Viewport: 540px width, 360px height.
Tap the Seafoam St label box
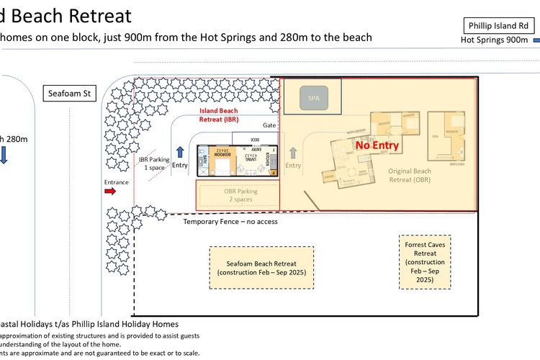tap(66, 94)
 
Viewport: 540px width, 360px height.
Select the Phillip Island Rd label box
tap(499, 26)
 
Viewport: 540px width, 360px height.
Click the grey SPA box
tap(312, 96)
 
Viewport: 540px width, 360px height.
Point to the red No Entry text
tap(377, 145)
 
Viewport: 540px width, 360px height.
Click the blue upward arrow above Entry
tap(179, 152)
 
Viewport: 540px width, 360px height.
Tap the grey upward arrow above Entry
tap(292, 153)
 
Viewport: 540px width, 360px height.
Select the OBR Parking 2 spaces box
tap(238, 195)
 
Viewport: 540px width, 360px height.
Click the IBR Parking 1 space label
tap(153, 162)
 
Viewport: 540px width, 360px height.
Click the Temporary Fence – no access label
tap(230, 222)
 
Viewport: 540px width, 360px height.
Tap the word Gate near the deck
tap(269, 125)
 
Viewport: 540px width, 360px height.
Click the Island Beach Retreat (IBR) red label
tap(218, 114)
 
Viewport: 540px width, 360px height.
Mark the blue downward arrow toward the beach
tap(4, 156)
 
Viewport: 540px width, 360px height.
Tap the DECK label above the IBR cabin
tap(255, 140)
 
